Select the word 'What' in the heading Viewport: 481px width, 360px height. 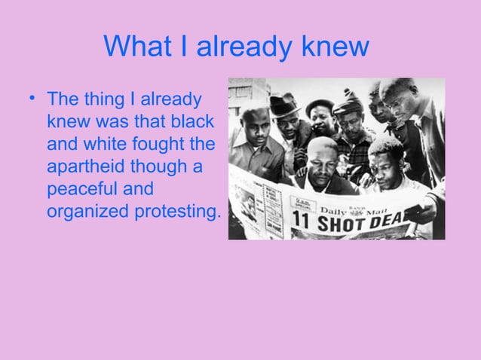139,47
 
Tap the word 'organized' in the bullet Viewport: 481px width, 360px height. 87,212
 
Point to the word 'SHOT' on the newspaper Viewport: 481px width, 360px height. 346,225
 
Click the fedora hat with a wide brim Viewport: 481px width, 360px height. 285,107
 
